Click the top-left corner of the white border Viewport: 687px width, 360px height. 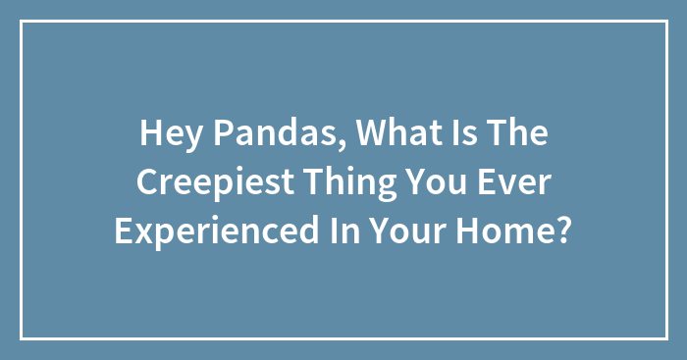click(22, 22)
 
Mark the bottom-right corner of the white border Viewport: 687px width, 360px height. click(665, 338)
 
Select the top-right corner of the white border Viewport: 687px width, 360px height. click(665, 22)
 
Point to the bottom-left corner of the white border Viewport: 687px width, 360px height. click(22, 338)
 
